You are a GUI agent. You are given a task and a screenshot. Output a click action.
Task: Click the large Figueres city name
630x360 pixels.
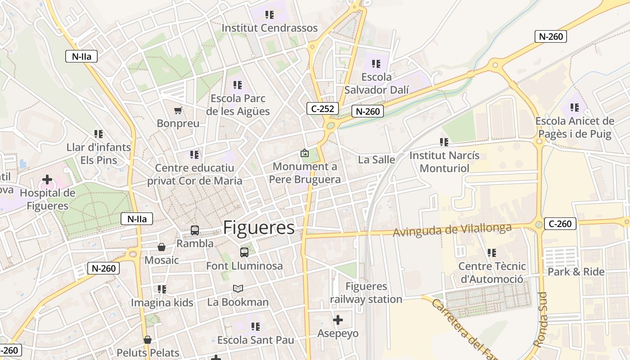(x=259, y=228)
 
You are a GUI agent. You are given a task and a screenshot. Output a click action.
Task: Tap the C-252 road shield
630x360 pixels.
(x=323, y=108)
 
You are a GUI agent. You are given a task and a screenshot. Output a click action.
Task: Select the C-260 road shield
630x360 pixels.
(x=560, y=224)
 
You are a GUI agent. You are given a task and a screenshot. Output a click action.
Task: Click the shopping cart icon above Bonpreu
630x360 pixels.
(x=178, y=110)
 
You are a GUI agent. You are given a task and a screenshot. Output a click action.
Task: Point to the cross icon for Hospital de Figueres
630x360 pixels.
(x=47, y=180)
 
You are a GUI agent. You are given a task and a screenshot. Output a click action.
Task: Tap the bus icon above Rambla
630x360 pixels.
(x=195, y=230)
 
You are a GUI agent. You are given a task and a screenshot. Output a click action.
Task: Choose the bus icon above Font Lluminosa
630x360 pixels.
(x=244, y=252)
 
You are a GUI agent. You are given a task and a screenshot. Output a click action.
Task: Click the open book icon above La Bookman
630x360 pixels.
(x=238, y=288)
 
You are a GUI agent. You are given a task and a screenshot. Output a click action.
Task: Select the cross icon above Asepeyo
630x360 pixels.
(x=338, y=320)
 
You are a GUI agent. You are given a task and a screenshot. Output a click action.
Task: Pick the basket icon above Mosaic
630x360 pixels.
(x=162, y=247)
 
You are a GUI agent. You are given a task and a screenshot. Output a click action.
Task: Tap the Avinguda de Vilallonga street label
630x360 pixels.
(x=452, y=230)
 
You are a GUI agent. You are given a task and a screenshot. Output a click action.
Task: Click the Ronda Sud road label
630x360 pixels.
(x=541, y=319)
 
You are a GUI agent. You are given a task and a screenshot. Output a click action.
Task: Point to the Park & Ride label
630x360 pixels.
(x=576, y=272)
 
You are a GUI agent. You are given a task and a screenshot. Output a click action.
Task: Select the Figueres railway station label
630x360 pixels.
(x=366, y=293)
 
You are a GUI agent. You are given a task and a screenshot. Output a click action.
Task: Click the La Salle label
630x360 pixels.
(x=377, y=160)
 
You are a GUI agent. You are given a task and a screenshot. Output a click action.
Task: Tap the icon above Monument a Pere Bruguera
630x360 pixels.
(x=305, y=153)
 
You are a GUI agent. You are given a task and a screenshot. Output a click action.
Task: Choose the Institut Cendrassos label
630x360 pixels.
(x=270, y=28)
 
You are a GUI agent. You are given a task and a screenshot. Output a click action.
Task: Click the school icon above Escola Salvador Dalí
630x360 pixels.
(x=376, y=64)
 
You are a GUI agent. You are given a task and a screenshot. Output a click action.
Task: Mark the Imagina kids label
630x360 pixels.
(x=162, y=303)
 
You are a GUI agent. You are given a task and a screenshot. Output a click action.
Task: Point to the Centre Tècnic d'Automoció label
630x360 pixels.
(x=491, y=273)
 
